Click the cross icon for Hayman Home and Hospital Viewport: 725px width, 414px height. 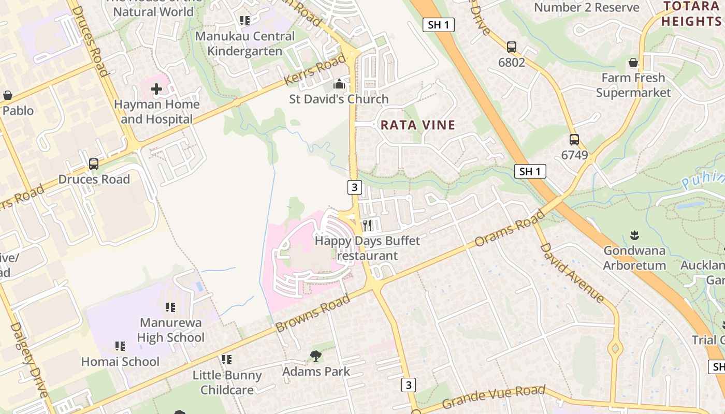click(x=156, y=90)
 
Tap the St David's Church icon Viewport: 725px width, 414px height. click(x=339, y=84)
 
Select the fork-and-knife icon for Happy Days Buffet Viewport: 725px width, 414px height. click(x=367, y=225)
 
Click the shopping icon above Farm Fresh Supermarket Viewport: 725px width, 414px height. click(x=633, y=63)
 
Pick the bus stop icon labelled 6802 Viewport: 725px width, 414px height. click(x=512, y=47)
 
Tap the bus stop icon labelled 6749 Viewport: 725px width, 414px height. click(x=574, y=140)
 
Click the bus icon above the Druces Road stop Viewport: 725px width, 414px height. click(x=94, y=164)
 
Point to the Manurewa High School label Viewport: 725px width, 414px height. click(x=170, y=330)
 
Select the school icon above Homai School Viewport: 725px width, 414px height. click(x=120, y=346)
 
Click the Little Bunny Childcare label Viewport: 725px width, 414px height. click(x=227, y=382)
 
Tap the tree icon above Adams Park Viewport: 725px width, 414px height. click(x=315, y=356)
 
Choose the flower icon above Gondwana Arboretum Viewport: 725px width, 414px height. click(x=634, y=236)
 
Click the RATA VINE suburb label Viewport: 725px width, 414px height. click(x=418, y=125)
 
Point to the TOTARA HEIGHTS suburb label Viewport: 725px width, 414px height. click(x=692, y=14)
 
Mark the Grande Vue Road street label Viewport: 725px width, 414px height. click(x=494, y=396)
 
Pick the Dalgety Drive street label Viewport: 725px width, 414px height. click(x=29, y=360)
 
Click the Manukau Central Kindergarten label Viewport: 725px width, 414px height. click(x=244, y=43)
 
